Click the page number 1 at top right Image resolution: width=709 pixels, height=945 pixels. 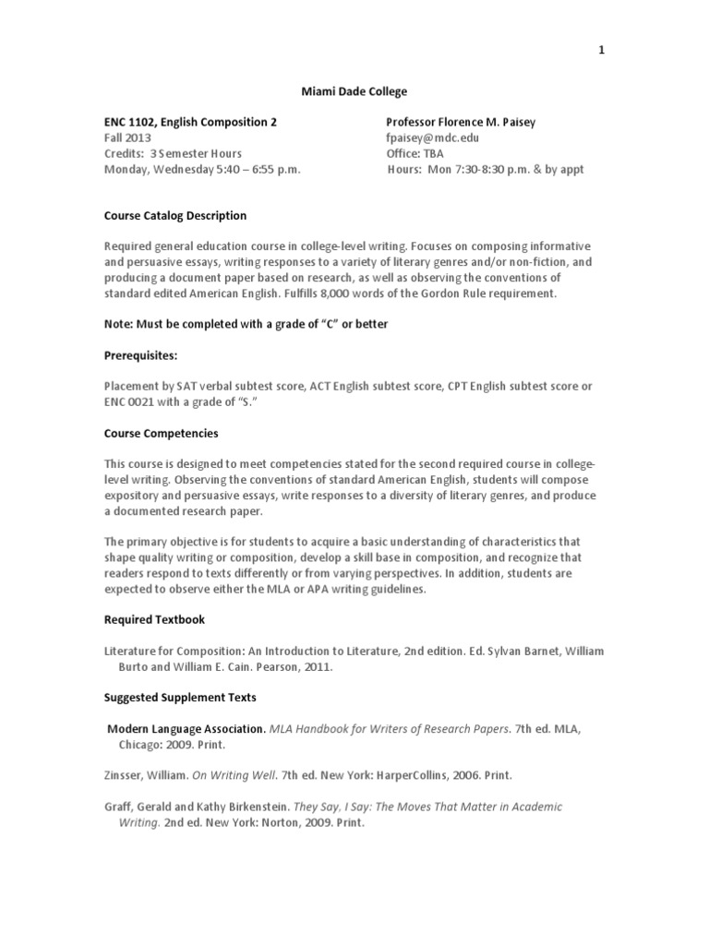click(x=601, y=51)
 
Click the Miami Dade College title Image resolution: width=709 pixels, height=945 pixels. click(x=354, y=91)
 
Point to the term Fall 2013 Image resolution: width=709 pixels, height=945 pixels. click(x=127, y=138)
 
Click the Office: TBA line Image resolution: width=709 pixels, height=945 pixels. click(x=416, y=153)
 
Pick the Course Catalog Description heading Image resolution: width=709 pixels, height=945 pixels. click(x=174, y=216)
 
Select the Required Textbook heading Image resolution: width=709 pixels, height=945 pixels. click(x=153, y=620)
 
